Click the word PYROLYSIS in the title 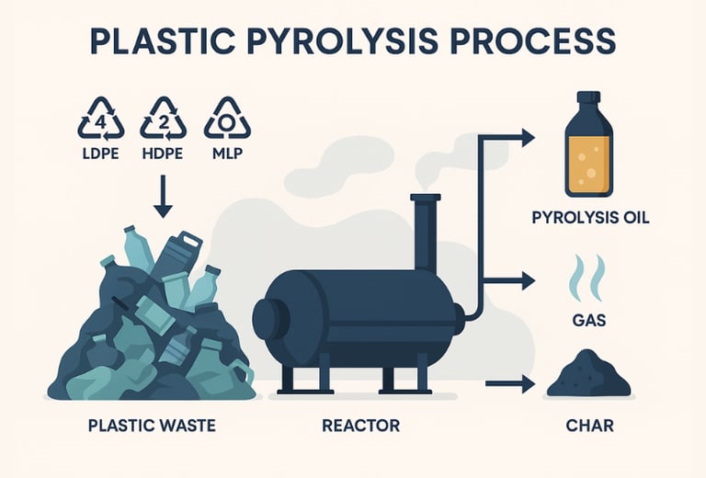pyautogui.click(x=342, y=41)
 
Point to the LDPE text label pyautogui.click(x=101, y=154)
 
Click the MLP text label pyautogui.click(x=227, y=154)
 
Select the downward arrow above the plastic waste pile pyautogui.click(x=163, y=196)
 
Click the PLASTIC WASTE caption pyautogui.click(x=152, y=426)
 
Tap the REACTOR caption pyautogui.click(x=361, y=426)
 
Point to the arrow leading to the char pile pyautogui.click(x=510, y=384)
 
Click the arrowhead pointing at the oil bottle pyautogui.click(x=529, y=137)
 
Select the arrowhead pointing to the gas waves pyautogui.click(x=529, y=281)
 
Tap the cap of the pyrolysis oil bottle pyautogui.click(x=589, y=97)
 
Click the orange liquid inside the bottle pyautogui.click(x=589, y=163)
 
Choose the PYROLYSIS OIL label pyautogui.click(x=591, y=218)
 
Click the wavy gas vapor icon pyautogui.click(x=587, y=278)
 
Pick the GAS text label pyautogui.click(x=589, y=321)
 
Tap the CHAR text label pyautogui.click(x=590, y=426)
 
